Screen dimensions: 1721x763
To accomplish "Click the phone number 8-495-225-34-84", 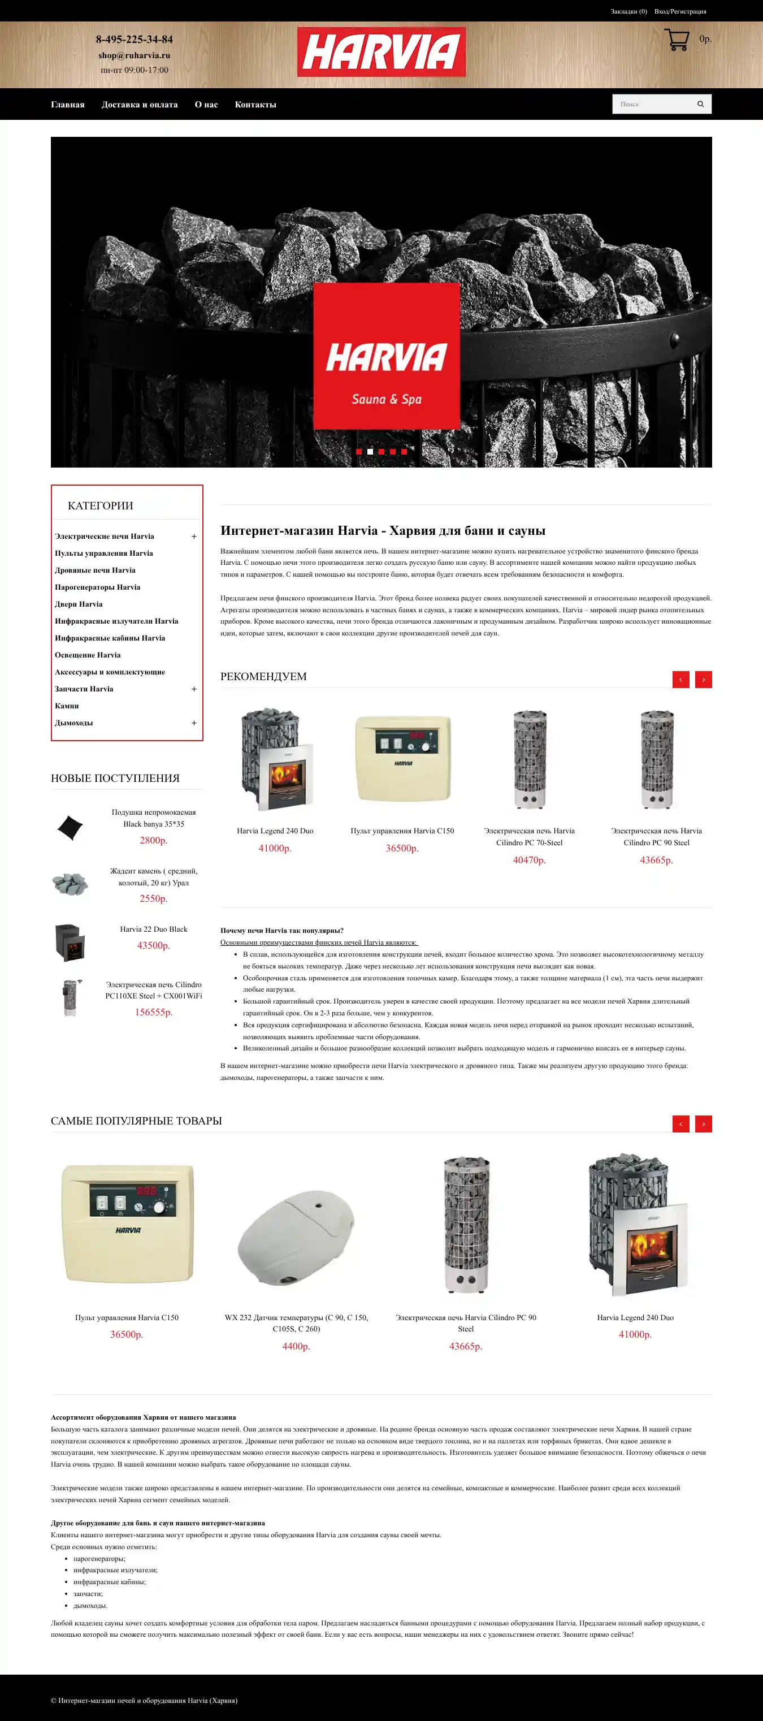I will point(135,40).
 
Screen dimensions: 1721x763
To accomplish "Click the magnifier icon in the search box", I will point(700,104).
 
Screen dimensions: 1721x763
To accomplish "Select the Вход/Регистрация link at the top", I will point(680,11).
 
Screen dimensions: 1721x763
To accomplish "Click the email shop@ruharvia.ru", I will point(135,55).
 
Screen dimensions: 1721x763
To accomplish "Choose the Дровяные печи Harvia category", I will point(95,570).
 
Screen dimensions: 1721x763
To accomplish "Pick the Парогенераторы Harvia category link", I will point(98,587).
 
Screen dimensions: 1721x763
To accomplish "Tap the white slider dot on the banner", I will point(370,452).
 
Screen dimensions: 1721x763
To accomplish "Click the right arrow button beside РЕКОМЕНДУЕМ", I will point(704,680).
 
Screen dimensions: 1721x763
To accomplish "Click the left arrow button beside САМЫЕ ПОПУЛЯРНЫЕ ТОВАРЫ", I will point(680,1124).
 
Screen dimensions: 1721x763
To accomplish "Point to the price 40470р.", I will point(529,860).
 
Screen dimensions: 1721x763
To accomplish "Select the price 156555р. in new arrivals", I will point(154,1012).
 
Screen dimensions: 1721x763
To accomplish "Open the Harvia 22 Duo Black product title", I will point(154,929).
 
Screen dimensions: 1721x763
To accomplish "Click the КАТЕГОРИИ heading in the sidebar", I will point(100,506).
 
